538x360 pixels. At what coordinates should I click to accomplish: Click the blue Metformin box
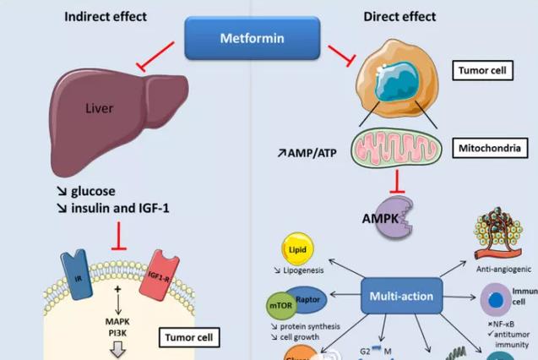click(253, 37)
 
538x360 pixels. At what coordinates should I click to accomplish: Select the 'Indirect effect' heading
click(106, 16)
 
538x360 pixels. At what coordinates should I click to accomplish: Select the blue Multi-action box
click(401, 296)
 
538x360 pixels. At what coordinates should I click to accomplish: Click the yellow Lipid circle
click(298, 250)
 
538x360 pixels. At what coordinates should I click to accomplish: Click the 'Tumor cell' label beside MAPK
click(189, 338)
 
